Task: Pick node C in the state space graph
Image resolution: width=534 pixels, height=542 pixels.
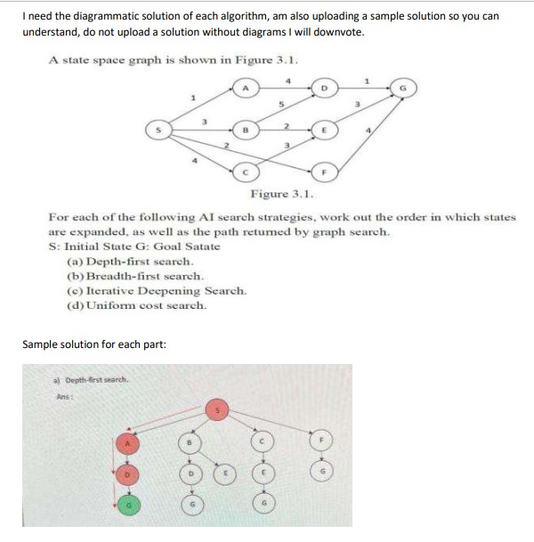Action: pos(247,170)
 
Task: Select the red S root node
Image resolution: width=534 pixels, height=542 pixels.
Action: pos(216,410)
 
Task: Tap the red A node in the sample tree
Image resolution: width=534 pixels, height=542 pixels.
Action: pos(129,442)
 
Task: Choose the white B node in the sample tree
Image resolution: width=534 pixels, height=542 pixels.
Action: pos(189,442)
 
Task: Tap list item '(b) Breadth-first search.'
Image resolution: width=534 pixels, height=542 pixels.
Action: pos(139,277)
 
